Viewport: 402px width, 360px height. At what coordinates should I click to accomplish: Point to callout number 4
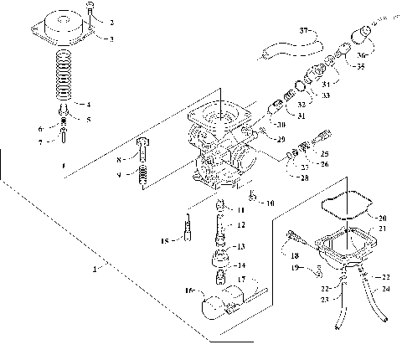89,104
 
